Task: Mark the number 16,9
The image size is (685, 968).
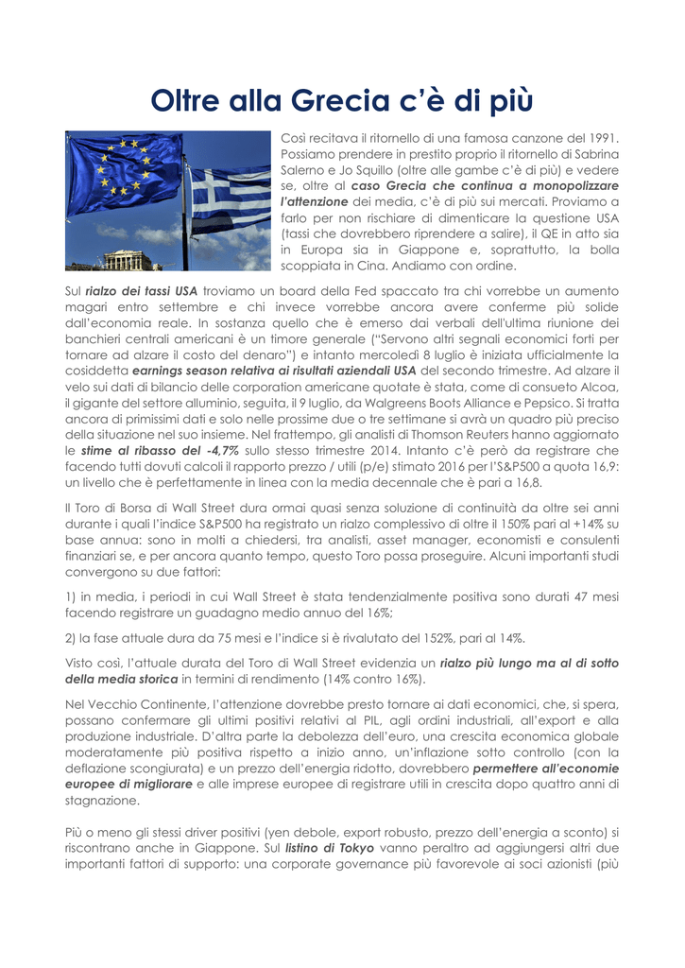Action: point(606,467)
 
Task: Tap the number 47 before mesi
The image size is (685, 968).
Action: point(574,596)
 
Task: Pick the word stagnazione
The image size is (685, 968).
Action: point(102,801)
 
